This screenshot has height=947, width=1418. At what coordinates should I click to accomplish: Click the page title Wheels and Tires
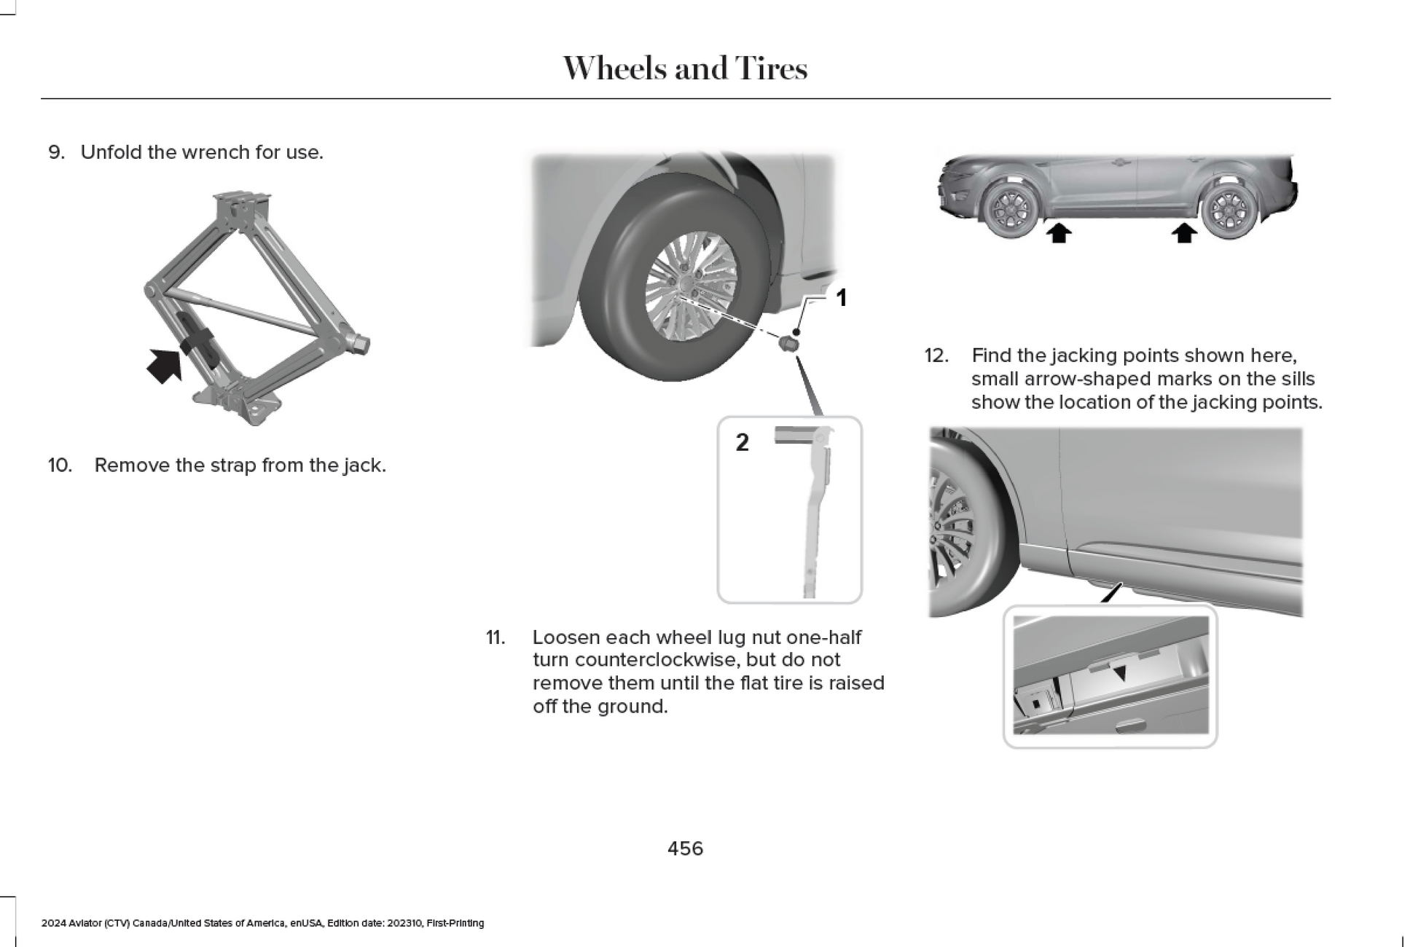tap(684, 68)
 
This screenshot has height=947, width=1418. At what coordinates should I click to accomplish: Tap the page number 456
tap(685, 849)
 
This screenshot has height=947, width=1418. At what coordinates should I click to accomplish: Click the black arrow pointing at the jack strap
tap(165, 365)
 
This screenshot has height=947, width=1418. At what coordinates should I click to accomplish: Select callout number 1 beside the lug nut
tap(841, 298)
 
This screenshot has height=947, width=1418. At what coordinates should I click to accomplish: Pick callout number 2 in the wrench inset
tap(742, 442)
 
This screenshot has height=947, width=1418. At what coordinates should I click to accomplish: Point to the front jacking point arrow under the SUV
tap(1059, 233)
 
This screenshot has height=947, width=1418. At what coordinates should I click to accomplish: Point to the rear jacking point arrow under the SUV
tap(1184, 233)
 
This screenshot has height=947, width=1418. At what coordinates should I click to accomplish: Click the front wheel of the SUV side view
tap(1010, 209)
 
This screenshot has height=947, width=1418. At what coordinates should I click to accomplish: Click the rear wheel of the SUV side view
tap(1229, 209)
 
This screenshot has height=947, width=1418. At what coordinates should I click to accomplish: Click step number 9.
tap(56, 152)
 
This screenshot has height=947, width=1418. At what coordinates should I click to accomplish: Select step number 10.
tap(60, 465)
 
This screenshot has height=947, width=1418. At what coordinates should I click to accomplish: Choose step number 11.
tap(495, 637)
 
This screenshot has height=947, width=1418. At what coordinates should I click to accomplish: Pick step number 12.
tap(936, 355)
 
